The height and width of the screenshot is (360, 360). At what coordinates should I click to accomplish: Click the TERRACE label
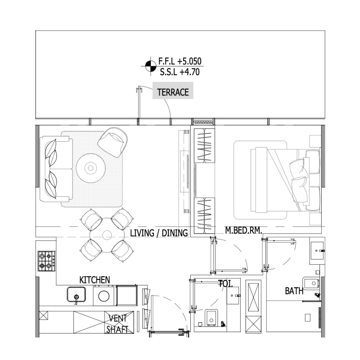[x=173, y=93]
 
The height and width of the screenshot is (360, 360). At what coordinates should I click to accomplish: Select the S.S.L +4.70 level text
[x=179, y=71]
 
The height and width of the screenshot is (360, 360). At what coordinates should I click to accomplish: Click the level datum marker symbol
[x=148, y=66]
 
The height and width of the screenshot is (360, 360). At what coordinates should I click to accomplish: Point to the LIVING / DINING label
[x=158, y=233]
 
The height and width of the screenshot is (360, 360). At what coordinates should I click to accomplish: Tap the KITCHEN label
[x=94, y=280]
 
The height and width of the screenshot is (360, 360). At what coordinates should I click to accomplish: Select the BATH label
[x=294, y=291]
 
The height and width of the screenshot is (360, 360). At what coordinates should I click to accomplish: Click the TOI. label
[x=225, y=283]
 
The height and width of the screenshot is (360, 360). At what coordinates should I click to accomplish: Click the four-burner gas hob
[x=46, y=261]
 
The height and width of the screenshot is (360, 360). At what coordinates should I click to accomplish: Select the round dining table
[x=107, y=235]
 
